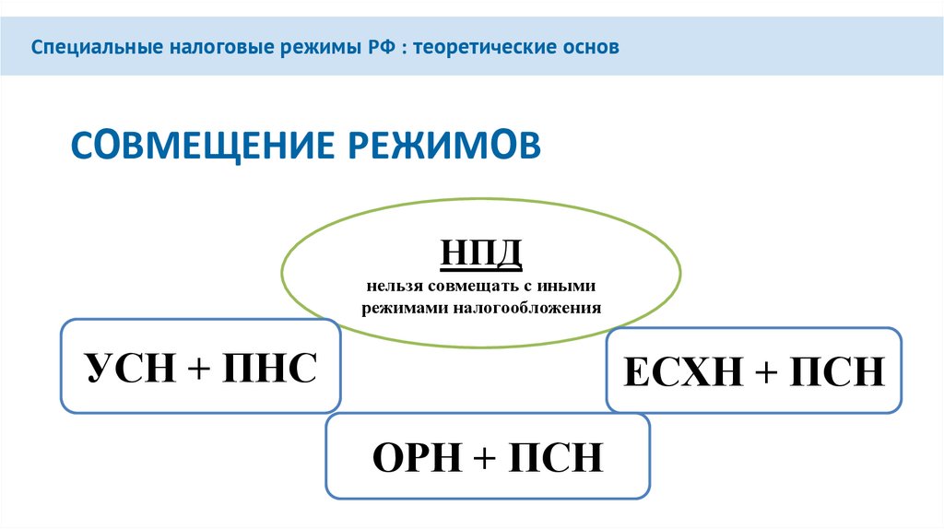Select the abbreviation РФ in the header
pyautogui.click(x=373, y=46)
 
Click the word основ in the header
pyautogui.click(x=587, y=46)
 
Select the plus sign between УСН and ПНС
pyautogui.click(x=198, y=368)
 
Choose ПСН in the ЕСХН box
pyautogui.click(x=838, y=374)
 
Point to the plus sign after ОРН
pyautogui.click(x=486, y=457)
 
